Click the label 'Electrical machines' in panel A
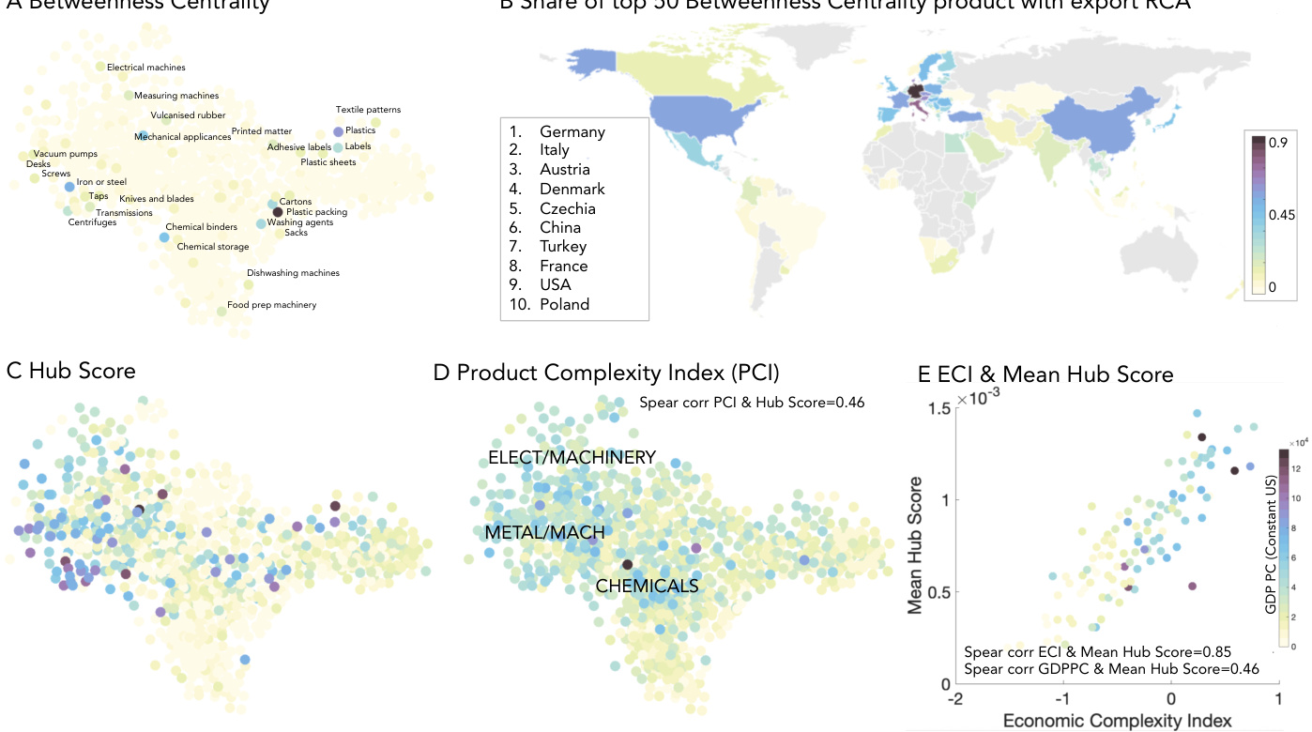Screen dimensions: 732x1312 (x=145, y=68)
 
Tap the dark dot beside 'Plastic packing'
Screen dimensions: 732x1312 (x=277, y=212)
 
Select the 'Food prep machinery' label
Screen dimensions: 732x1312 (x=271, y=305)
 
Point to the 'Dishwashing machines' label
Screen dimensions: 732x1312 (x=293, y=273)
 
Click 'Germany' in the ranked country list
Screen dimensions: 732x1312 (x=572, y=131)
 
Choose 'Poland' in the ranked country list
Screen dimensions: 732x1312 (x=564, y=304)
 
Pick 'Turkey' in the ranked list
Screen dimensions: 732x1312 (x=563, y=246)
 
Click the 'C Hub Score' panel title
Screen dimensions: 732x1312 (x=71, y=371)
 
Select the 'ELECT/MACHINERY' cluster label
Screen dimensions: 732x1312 (x=572, y=458)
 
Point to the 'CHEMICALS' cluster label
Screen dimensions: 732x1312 (x=648, y=587)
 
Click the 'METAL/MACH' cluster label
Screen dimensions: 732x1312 (x=544, y=532)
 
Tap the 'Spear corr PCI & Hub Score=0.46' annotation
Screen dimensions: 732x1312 (x=751, y=403)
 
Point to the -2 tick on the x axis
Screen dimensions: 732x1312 (x=956, y=701)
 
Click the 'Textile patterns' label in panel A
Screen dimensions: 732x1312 (x=368, y=110)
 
